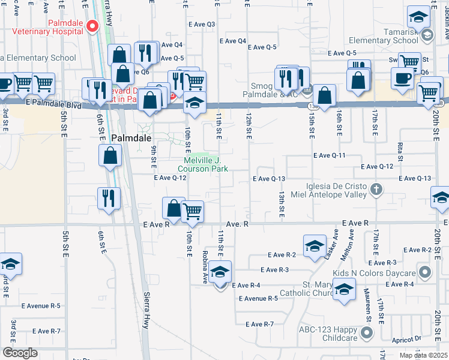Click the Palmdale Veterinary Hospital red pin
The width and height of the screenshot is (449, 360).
92,26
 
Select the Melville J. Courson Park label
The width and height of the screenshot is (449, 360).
206,164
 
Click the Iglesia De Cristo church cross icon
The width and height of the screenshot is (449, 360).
376,190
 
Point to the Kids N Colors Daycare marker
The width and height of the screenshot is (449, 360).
426,273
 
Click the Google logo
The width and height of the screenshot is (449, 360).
20,353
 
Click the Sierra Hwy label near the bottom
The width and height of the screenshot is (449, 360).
146,310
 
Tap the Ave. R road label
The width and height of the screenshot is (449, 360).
238,224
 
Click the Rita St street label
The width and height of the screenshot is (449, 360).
399,147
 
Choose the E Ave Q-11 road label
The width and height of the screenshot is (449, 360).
331,155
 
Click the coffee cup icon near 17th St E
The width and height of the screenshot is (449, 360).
402,77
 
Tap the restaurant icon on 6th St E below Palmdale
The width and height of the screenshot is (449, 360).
108,199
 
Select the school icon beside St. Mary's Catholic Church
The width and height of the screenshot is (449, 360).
344,291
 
